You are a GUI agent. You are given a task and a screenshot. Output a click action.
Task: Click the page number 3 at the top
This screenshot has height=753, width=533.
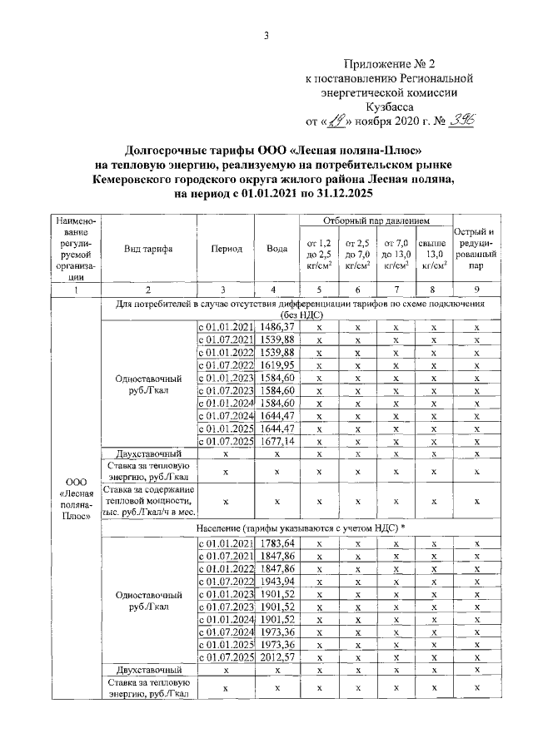266,35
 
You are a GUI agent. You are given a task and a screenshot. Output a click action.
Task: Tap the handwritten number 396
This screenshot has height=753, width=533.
460,121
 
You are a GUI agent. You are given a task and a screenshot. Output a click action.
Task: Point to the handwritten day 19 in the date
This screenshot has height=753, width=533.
335,121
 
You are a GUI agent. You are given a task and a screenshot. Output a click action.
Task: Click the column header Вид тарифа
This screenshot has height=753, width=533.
147,250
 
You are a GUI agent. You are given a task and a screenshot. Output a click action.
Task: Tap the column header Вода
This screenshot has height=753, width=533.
276,250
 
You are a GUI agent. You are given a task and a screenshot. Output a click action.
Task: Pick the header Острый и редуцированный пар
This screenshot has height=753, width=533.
475,250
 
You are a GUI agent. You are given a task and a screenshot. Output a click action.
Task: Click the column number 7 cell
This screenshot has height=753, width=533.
395,290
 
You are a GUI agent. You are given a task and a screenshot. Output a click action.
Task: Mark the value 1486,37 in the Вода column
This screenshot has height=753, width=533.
276,329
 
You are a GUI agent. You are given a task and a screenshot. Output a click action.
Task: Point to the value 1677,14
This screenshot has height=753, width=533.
276,441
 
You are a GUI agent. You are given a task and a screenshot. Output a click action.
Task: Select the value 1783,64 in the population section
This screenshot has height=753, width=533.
276,544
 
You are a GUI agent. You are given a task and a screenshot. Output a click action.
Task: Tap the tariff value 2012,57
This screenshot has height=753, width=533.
276,657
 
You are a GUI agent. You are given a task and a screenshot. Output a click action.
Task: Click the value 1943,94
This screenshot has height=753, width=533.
276,582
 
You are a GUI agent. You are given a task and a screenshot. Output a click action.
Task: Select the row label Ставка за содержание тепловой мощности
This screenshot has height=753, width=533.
147,501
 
